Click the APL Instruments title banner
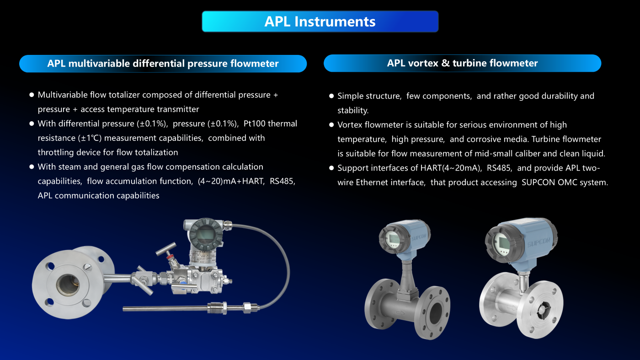pos(320,21)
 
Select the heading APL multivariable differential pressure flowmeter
pos(163,64)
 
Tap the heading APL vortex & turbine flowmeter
pos(462,63)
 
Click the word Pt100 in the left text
pos(255,124)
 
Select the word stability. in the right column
pos(353,110)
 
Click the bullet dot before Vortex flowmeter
pos(331,125)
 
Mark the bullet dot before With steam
pos(32,167)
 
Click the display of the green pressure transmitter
pos(205,235)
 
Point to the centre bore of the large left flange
pos(68,285)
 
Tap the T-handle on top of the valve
pos(166,249)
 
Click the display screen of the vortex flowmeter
pos(393,240)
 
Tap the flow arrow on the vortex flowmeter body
pos(400,313)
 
